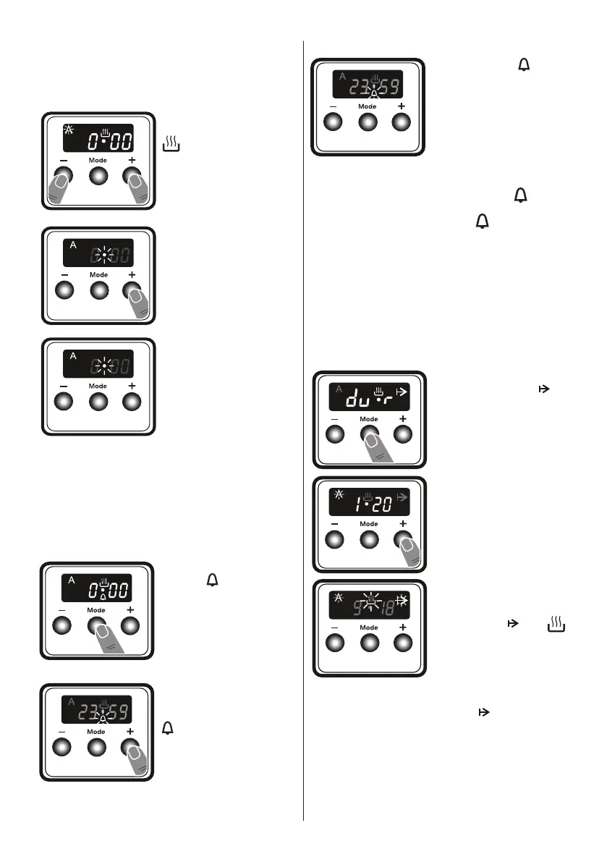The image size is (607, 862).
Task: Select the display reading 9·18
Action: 369,605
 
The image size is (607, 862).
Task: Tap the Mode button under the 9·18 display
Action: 369,643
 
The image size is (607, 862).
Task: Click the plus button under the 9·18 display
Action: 403,643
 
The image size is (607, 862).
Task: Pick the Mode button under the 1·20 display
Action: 369,539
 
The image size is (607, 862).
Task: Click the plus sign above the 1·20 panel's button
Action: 403,523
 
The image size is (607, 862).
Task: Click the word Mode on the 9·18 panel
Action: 369,628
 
